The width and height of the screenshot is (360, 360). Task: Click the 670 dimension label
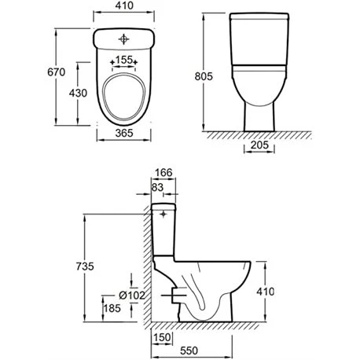click(57, 72)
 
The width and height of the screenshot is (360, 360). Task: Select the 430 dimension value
click(78, 93)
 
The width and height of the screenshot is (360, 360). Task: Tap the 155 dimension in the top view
click(124, 60)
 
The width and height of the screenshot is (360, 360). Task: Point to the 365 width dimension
click(124, 133)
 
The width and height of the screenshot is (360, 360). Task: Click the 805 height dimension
click(204, 76)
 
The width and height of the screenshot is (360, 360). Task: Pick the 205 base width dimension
click(259, 145)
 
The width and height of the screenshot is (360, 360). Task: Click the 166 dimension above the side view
click(163, 173)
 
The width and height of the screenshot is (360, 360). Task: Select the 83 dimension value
click(157, 187)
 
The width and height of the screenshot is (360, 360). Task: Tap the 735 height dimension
click(85, 266)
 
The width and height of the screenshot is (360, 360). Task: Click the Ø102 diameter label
click(132, 296)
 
